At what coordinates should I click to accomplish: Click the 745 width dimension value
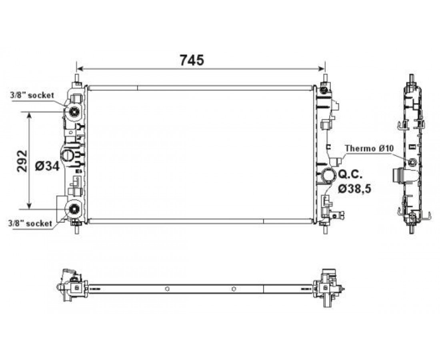coord(192,60)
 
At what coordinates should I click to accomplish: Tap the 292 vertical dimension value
coord(22,161)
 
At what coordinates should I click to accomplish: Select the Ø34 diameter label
coord(48,166)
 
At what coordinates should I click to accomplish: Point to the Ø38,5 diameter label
coord(355,189)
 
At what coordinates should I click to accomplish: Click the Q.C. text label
coord(350,174)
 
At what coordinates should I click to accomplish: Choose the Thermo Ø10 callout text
coord(370,148)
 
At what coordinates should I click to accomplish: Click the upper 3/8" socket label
coord(32,95)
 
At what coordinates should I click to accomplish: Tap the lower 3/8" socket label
coord(30,223)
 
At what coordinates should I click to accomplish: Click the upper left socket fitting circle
coord(74,112)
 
